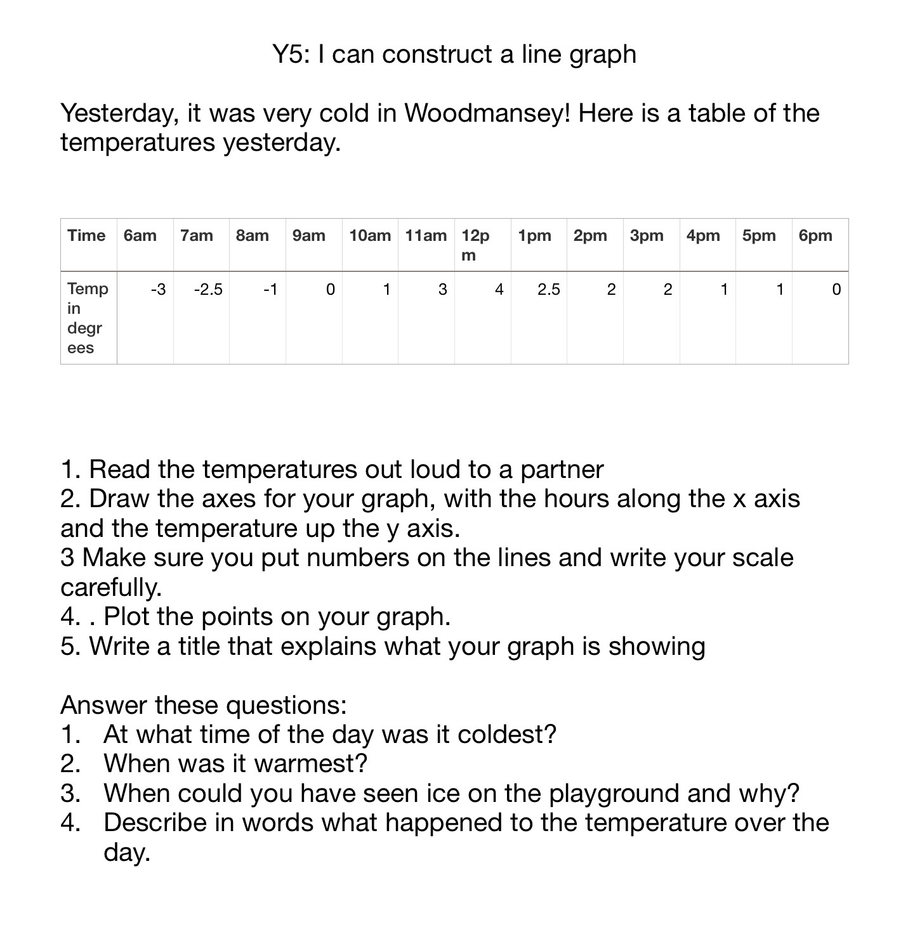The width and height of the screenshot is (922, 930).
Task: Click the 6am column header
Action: [140, 236]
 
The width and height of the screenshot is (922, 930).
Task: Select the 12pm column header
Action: [475, 245]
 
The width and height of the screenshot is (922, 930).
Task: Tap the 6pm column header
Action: [815, 236]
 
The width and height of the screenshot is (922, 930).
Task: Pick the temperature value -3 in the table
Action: [158, 290]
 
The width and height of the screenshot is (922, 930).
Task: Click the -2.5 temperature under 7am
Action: [208, 290]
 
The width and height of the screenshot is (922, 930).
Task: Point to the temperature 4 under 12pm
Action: [499, 290]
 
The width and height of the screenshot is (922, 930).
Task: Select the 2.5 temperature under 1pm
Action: [548, 290]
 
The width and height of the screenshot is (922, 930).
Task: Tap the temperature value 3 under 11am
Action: [442, 290]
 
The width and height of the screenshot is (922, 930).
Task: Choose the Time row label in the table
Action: [86, 236]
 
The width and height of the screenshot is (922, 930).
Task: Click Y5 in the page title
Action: [291, 55]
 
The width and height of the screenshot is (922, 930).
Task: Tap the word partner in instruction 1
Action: [562, 470]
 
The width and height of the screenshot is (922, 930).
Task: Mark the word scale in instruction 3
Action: [762, 558]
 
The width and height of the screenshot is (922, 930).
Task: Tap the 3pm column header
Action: [647, 236]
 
